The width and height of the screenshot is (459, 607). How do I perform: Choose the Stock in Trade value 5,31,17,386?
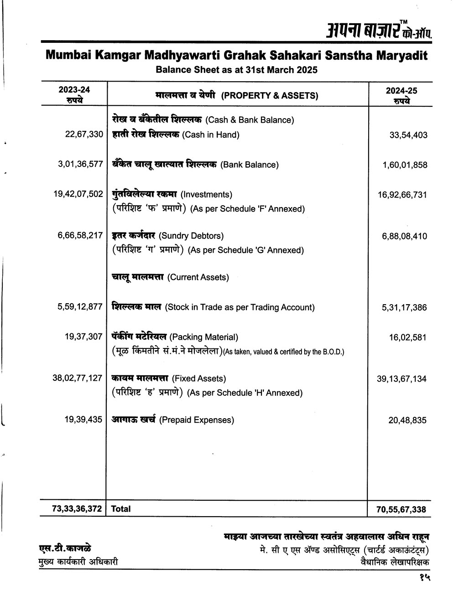(x=404, y=308)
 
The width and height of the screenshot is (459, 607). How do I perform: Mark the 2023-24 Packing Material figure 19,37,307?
(x=83, y=337)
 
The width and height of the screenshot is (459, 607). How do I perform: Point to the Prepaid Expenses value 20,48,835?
(x=407, y=420)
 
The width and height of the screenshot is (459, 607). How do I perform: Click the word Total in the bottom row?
(x=121, y=509)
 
